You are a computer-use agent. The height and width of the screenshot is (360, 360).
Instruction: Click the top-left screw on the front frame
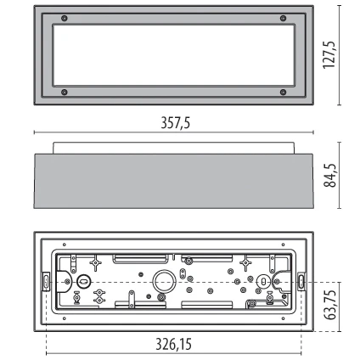65,20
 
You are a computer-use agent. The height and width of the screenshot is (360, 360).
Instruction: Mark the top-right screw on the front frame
284,20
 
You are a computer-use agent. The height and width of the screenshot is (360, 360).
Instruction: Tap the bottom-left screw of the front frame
65,92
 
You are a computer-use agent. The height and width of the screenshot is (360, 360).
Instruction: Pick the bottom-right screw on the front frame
284,92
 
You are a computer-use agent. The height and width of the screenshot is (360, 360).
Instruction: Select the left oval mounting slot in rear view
45,280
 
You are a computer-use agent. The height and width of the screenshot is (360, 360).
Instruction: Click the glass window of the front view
174,55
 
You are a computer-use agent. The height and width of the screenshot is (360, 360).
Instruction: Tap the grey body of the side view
174,182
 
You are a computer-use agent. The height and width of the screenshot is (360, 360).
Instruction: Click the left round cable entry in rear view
84,280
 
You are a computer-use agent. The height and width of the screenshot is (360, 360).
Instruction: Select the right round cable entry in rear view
264,280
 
